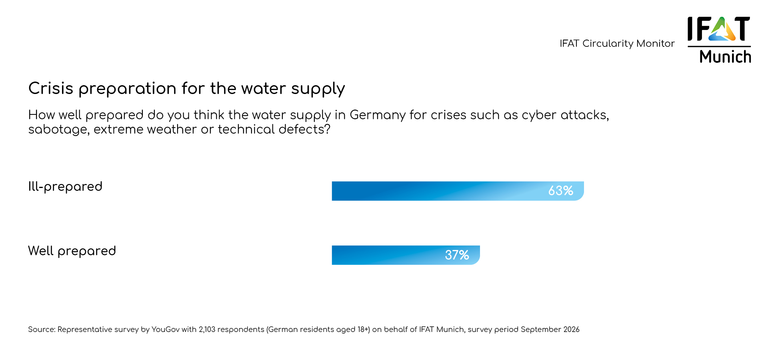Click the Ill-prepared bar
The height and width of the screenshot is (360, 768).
pyautogui.click(x=440, y=191)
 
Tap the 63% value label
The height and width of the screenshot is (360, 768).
pyautogui.click(x=560, y=191)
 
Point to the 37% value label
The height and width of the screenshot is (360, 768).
pyautogui.click(x=457, y=255)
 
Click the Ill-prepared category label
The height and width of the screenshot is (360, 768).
pyautogui.click(x=65, y=187)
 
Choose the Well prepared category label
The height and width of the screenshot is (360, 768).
pyautogui.click(x=72, y=251)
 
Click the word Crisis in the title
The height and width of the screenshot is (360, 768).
pyautogui.click(x=51, y=88)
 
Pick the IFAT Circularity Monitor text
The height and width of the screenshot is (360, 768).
pyautogui.click(x=617, y=44)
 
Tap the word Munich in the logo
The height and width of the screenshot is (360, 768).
pyautogui.click(x=725, y=57)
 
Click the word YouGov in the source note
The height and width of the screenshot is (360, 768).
pyautogui.click(x=165, y=330)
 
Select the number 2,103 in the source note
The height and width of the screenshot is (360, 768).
pyautogui.click(x=207, y=330)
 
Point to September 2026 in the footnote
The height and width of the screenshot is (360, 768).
pyautogui.click(x=550, y=330)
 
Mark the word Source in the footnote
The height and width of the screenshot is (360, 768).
pyautogui.click(x=41, y=330)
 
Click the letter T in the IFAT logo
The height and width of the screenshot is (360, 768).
pyautogui.click(x=742, y=28)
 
